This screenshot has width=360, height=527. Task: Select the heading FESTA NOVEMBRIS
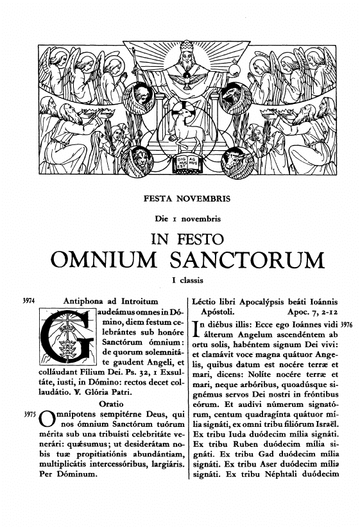tap(180, 201)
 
